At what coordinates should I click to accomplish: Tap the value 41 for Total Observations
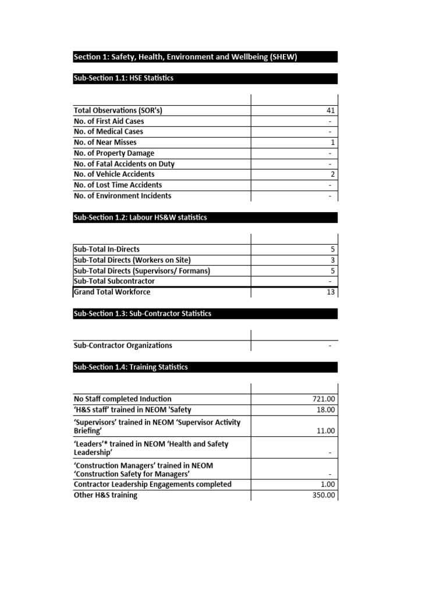[331, 110]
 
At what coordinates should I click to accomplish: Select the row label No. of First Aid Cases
[109, 121]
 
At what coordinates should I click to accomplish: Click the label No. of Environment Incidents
[123, 196]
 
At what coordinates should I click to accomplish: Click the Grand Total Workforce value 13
[331, 292]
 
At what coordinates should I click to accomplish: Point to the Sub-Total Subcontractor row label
[114, 281]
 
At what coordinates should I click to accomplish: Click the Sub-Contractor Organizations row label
[123, 346]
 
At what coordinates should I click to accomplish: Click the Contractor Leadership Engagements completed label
[152, 485]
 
